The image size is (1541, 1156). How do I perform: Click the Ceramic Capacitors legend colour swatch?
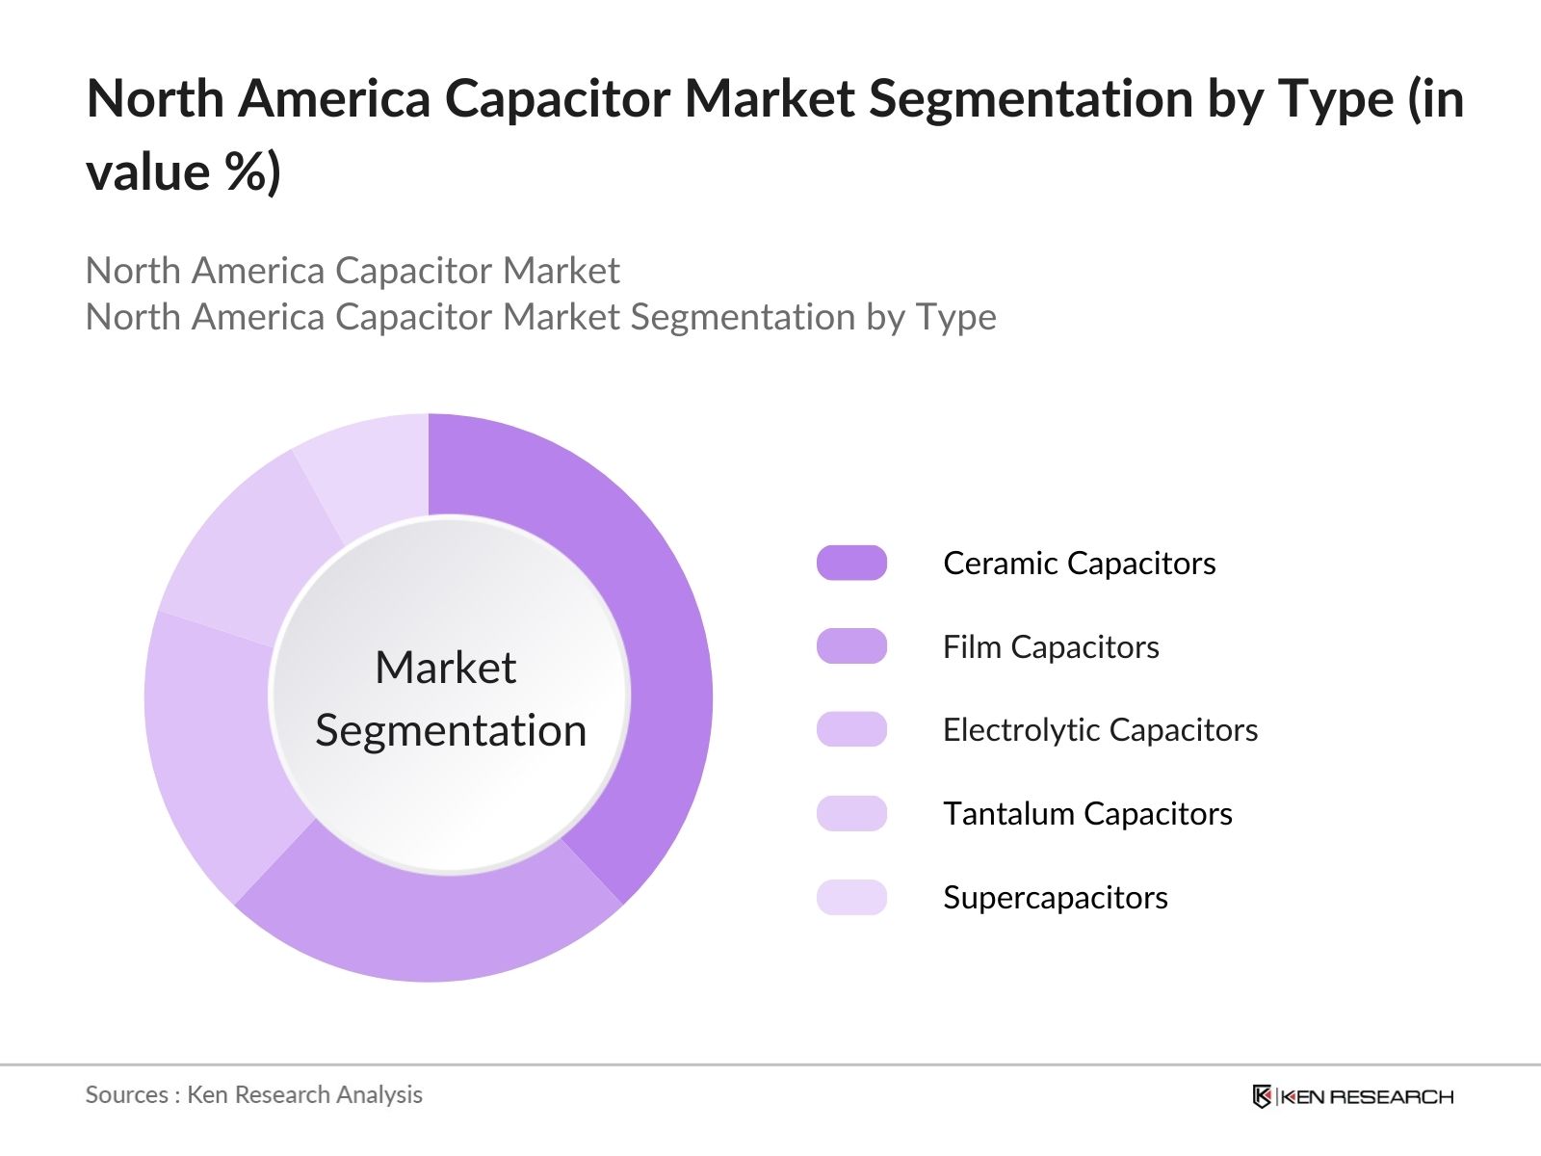pos(851,563)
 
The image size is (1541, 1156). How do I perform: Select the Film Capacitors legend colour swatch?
pos(851,646)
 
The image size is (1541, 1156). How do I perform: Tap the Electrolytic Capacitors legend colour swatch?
pos(851,729)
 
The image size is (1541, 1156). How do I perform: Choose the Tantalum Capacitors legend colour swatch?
pos(851,813)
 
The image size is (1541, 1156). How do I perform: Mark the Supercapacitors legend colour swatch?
pos(851,897)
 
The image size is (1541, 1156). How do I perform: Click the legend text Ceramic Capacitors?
pos(1079,563)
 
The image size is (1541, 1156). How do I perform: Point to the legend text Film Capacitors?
pos(1051,646)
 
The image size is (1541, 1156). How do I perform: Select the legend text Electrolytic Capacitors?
pos(1100,729)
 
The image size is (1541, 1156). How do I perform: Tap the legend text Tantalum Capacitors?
pos(1087,813)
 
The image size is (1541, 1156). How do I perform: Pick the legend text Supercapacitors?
pos(1055,897)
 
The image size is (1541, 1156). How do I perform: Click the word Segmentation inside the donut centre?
pos(451,730)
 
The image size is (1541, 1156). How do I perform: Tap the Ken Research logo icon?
pos(1262,1096)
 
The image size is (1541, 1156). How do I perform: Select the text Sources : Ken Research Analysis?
pos(253,1094)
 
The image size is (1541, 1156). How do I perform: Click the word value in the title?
pos(147,173)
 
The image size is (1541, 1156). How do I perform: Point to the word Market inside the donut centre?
pos(445,667)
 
